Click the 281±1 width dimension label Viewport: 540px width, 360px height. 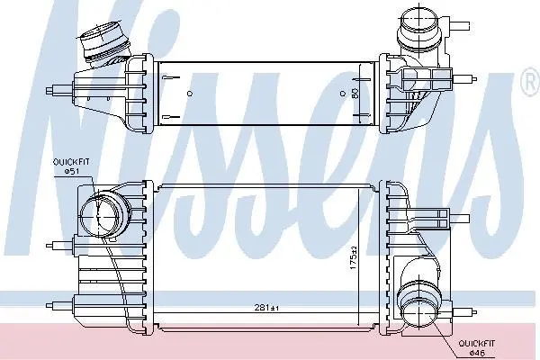[266, 308]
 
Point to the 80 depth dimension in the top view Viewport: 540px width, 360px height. [355, 93]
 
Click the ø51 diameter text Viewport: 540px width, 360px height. [72, 171]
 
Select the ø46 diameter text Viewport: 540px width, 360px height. [477, 353]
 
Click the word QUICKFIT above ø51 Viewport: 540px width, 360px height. [71, 162]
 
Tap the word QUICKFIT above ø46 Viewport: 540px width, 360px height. [477, 344]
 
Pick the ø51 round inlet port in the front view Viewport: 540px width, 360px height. [98, 216]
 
